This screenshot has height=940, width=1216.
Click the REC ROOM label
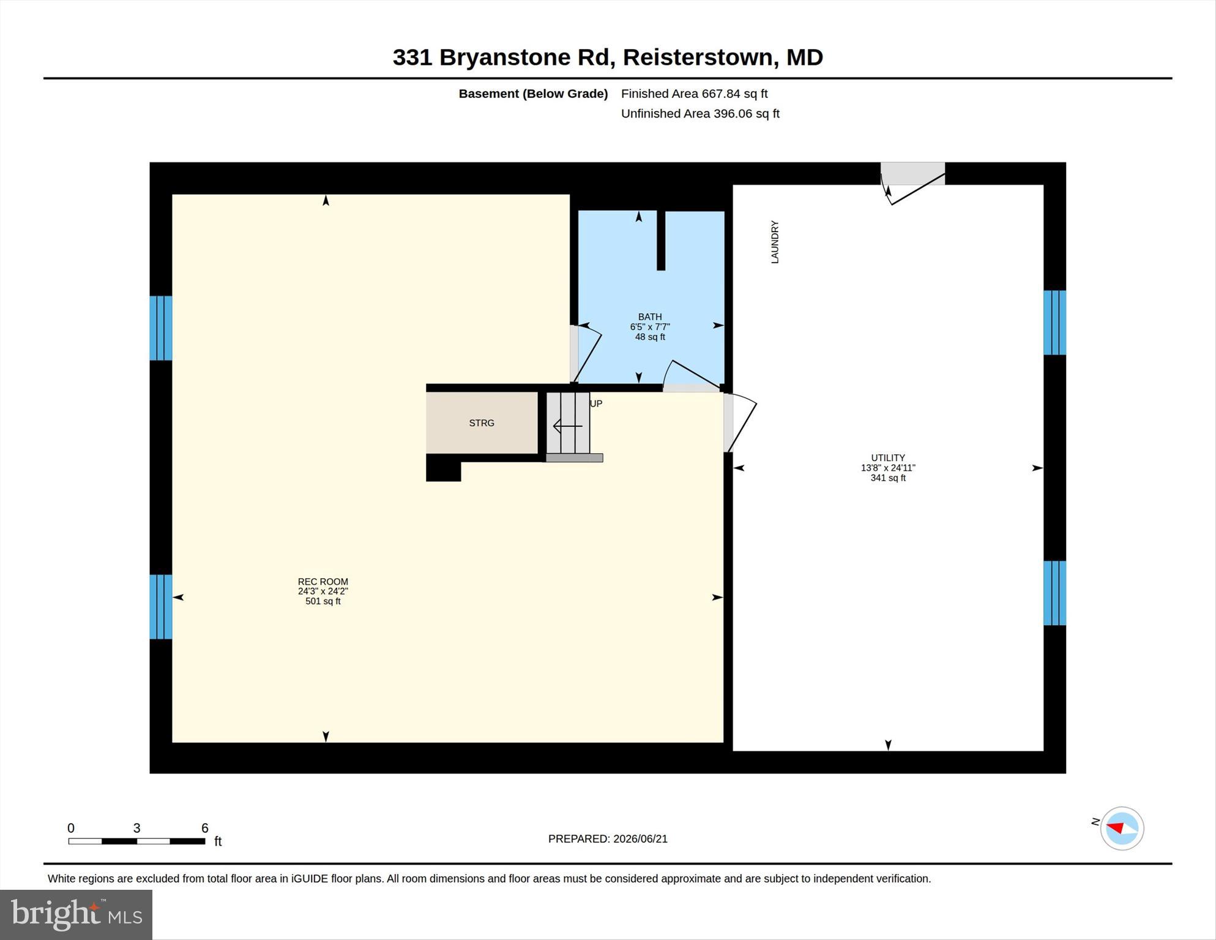pyautogui.click(x=323, y=582)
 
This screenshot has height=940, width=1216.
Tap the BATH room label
pyautogui.click(x=650, y=317)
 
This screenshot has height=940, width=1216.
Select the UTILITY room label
pyautogui.click(x=888, y=458)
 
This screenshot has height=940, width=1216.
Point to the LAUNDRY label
pyautogui.click(x=775, y=243)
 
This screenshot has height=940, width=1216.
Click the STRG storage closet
pyautogui.click(x=482, y=423)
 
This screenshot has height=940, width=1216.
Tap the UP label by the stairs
pyautogui.click(x=596, y=404)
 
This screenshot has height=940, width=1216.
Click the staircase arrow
pyautogui.click(x=567, y=426)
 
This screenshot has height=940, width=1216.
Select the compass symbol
pyautogui.click(x=1122, y=829)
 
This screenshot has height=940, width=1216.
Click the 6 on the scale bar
pyautogui.click(x=205, y=829)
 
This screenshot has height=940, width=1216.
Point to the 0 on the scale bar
pyautogui.click(x=71, y=829)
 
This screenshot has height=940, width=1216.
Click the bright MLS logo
pyautogui.click(x=76, y=915)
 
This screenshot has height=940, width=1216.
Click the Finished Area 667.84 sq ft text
pyautogui.click(x=694, y=94)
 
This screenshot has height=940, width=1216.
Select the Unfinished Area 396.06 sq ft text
pyautogui.click(x=700, y=114)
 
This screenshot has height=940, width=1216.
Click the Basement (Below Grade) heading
pyautogui.click(x=533, y=94)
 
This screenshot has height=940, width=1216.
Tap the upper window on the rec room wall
pyautogui.click(x=161, y=328)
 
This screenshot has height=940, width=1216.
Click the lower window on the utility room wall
pyautogui.click(x=1054, y=593)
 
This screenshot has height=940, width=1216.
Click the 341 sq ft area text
pyautogui.click(x=888, y=478)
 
